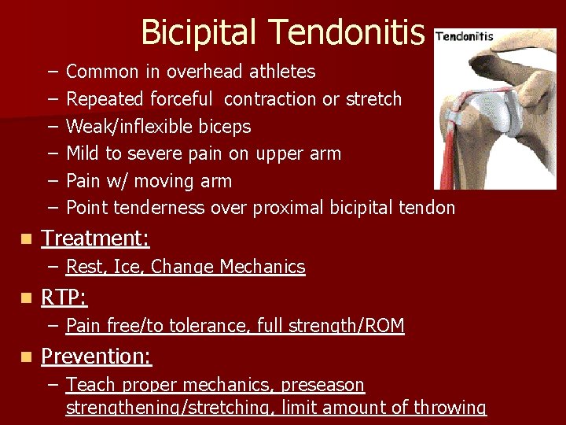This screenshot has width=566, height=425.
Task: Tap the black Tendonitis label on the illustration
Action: point(465,36)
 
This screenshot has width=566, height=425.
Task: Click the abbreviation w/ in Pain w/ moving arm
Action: point(119,181)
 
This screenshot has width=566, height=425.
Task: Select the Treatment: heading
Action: point(95,238)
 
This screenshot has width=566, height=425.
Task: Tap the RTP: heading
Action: point(64,297)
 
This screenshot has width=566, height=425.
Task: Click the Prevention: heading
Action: point(96,356)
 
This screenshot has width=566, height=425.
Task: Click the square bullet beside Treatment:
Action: point(28,238)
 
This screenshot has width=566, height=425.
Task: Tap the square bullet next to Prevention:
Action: point(28,357)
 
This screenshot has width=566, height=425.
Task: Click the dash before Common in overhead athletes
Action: point(52,72)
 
